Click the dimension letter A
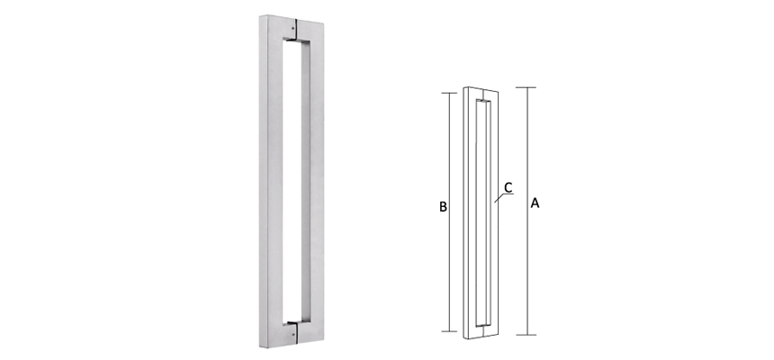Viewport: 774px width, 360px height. click(535, 204)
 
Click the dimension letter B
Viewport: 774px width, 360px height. click(443, 207)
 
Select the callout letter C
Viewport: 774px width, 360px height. click(508, 187)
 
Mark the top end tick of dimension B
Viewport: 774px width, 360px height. click(449, 93)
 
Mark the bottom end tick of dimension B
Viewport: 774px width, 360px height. click(449, 331)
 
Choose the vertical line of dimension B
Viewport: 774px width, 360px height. click(449, 270)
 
